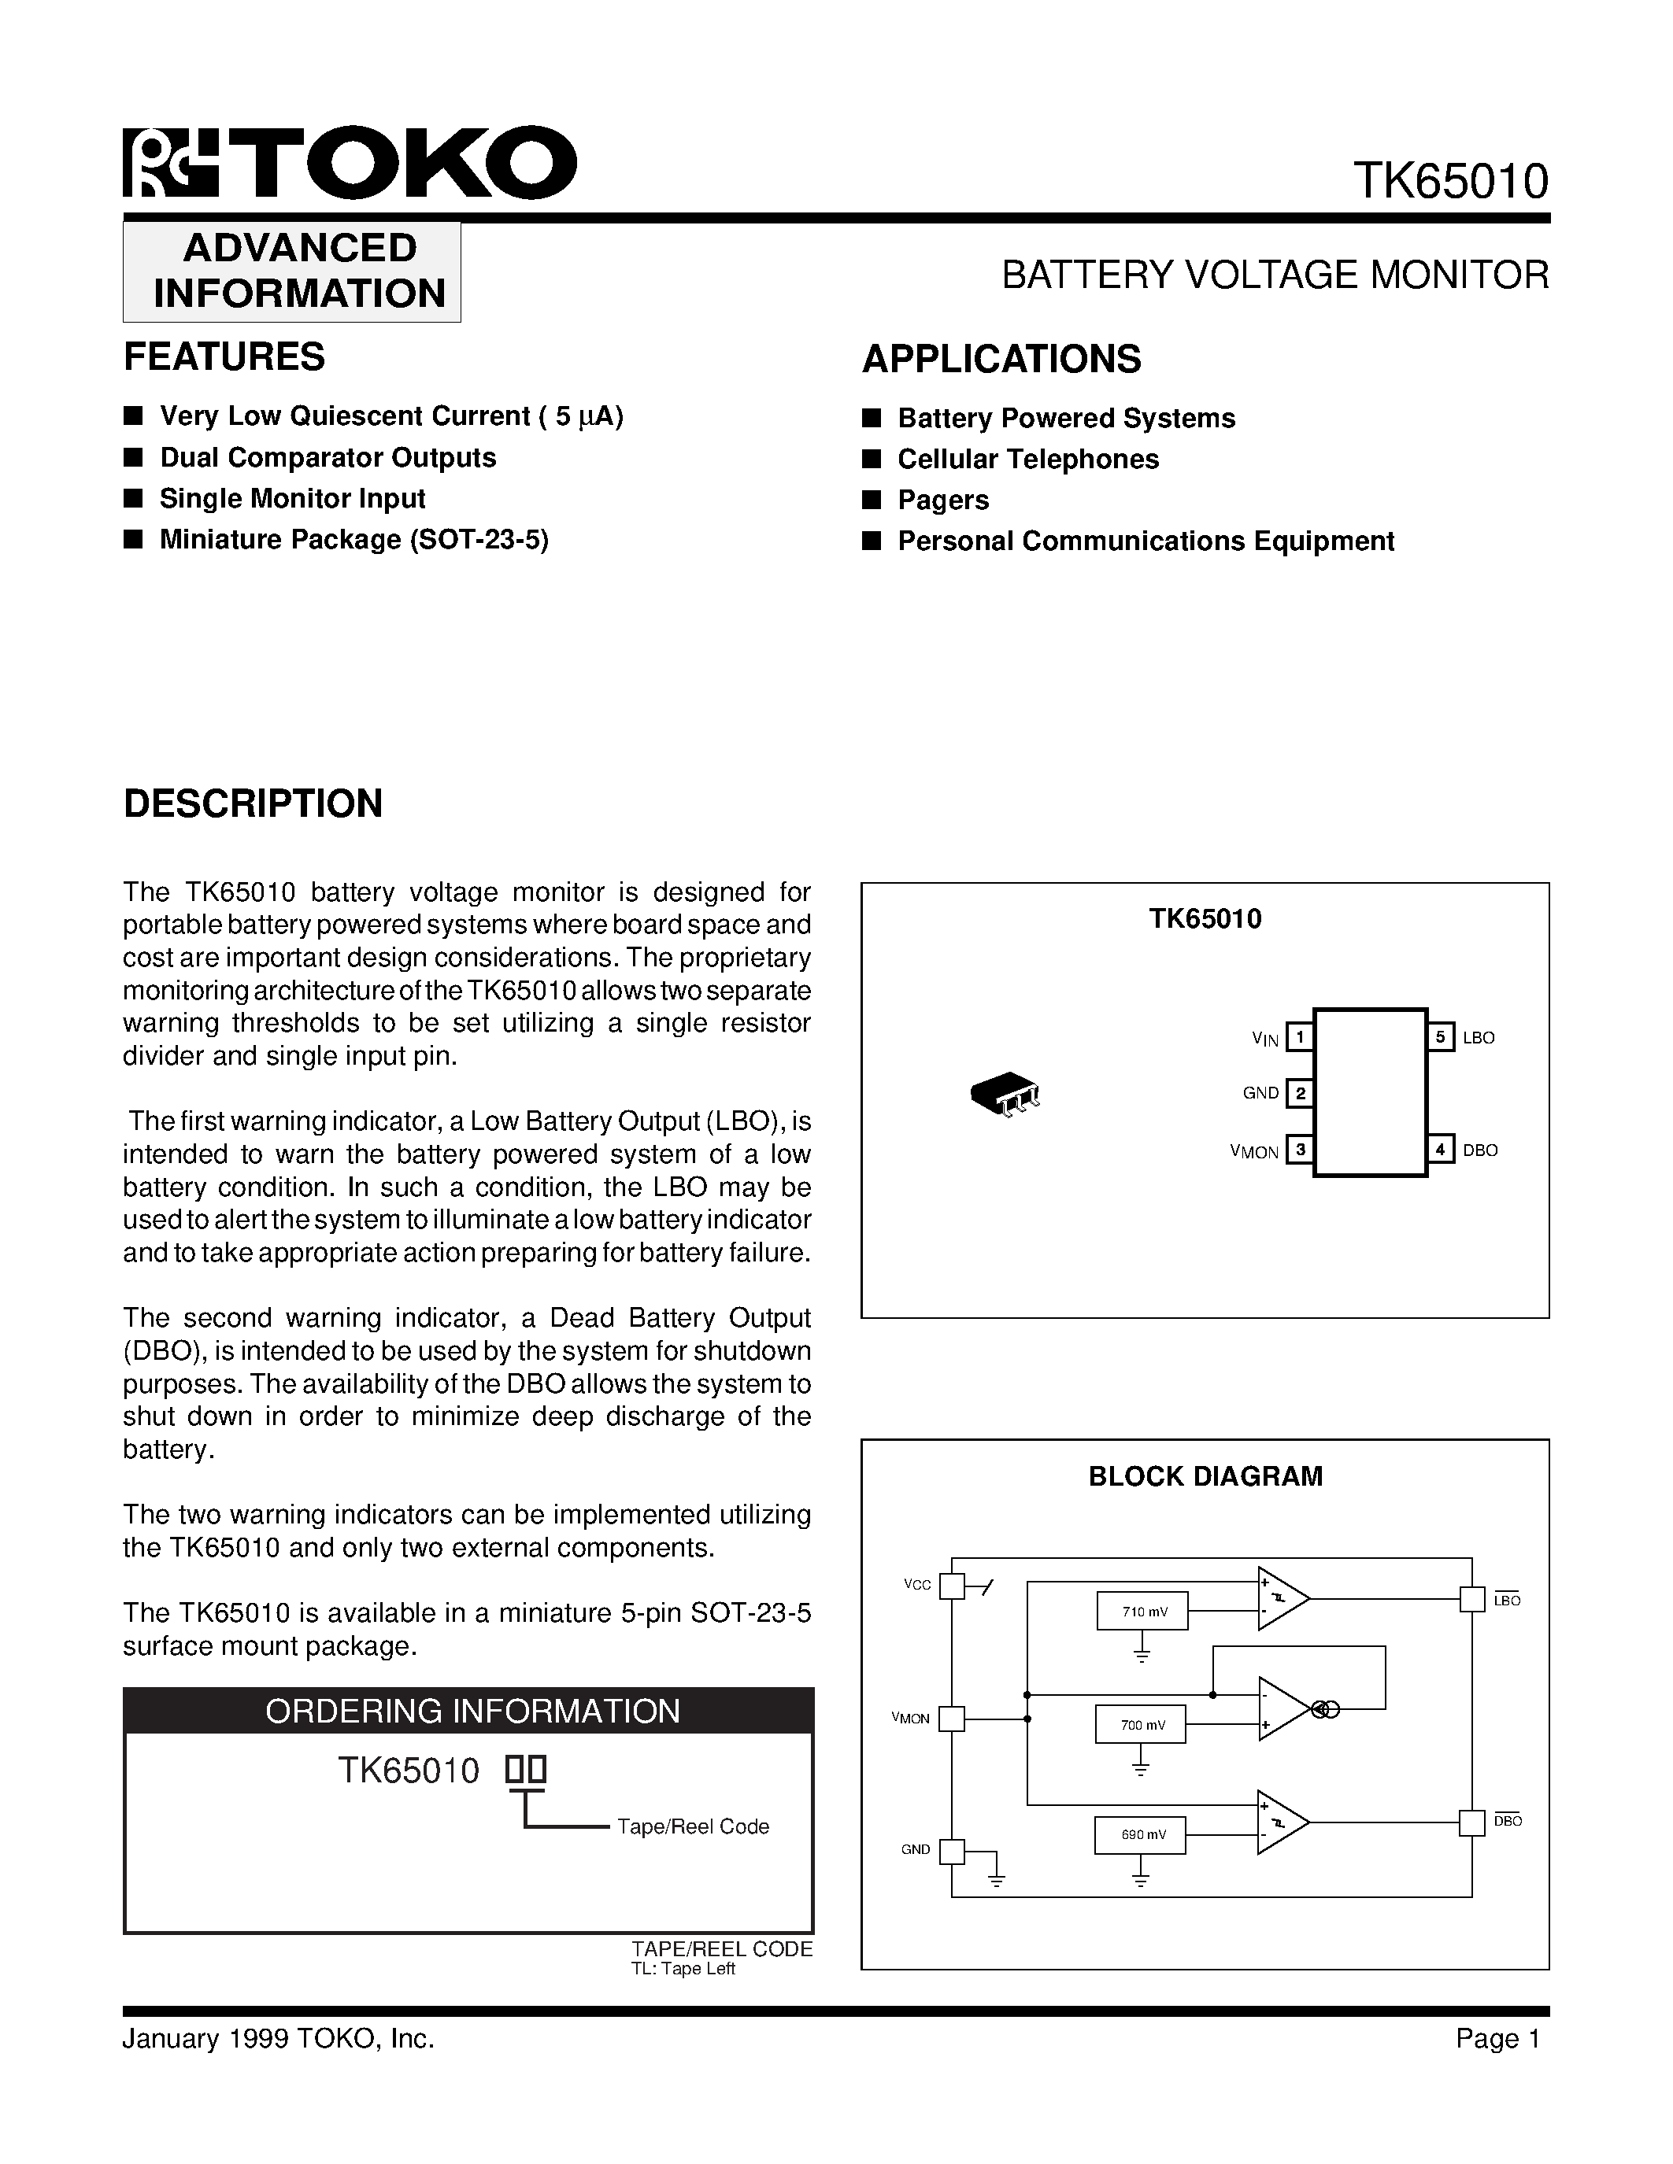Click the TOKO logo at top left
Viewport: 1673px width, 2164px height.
(x=349, y=163)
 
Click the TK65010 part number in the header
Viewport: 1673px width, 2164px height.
(x=1450, y=181)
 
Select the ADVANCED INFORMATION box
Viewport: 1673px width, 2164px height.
(x=292, y=271)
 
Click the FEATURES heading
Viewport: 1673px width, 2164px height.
(x=224, y=356)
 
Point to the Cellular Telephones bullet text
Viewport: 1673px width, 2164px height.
(x=1027, y=460)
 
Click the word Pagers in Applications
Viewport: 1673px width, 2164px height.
(x=942, y=500)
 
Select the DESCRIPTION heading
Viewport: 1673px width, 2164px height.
(x=253, y=803)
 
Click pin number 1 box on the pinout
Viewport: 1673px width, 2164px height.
(x=1299, y=1037)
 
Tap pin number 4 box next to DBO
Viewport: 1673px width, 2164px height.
(x=1440, y=1150)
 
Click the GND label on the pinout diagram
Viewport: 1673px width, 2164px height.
(x=1260, y=1093)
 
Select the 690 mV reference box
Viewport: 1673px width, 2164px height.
(x=1141, y=1835)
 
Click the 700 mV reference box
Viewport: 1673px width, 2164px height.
(x=1141, y=1725)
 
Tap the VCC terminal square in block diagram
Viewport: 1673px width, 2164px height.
(x=952, y=1586)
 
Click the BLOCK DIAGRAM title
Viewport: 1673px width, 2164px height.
(x=1205, y=1476)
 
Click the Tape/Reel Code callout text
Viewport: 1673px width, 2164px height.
(x=693, y=1826)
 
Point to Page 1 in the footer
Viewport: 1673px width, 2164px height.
(x=1497, y=2038)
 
